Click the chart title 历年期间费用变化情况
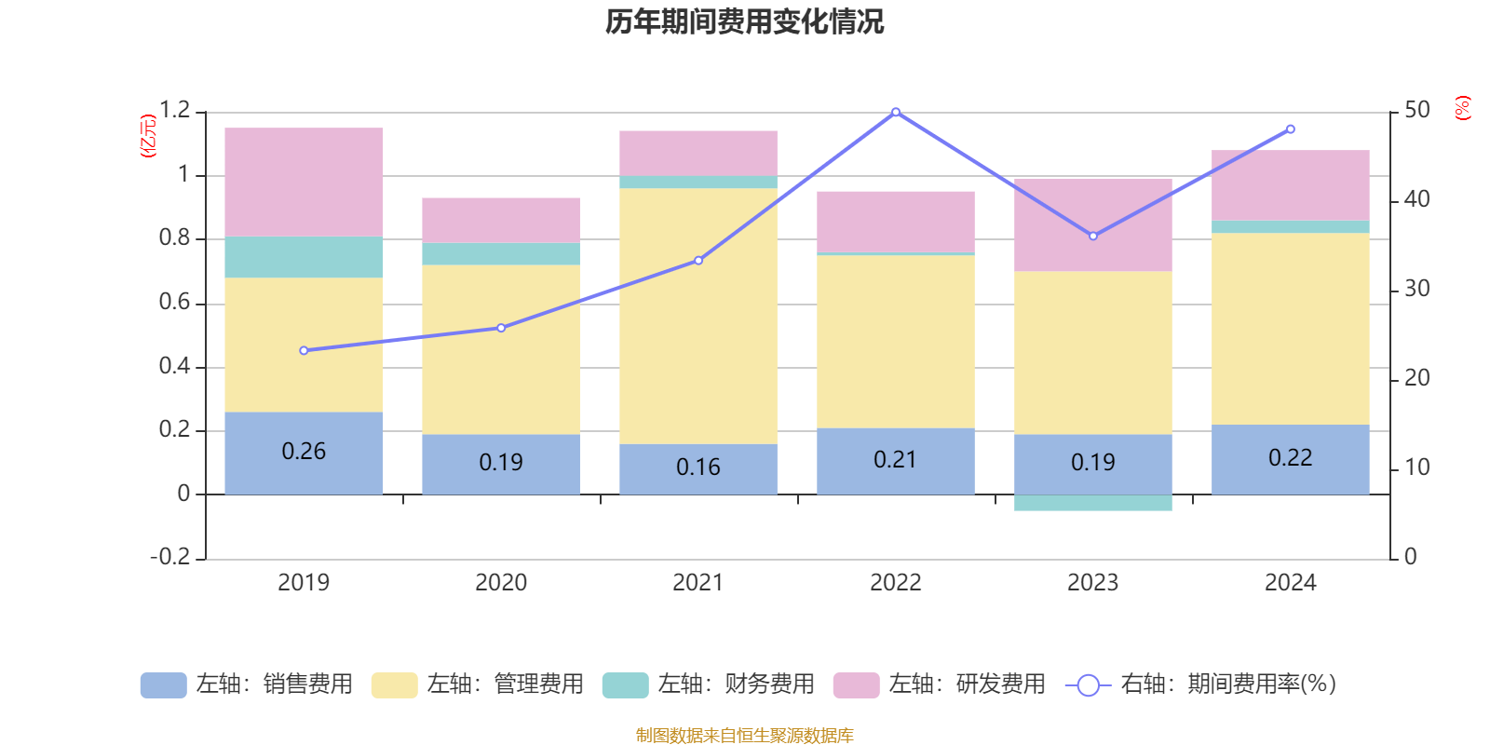[x=744, y=21]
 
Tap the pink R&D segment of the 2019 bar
[x=304, y=182]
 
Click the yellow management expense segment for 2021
[x=698, y=316]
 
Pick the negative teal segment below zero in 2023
[x=1092, y=503]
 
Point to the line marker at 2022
[x=896, y=112]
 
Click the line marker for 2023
[x=1093, y=236]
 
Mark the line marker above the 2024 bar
[x=1290, y=129]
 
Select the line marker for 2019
[x=304, y=350]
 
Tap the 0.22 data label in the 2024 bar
[x=1290, y=457]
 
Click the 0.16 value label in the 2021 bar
[x=698, y=467]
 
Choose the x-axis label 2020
[x=501, y=583]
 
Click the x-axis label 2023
[x=1092, y=583]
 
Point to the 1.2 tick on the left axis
[x=174, y=111]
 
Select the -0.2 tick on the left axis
[x=170, y=557]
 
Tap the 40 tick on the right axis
[x=1416, y=199]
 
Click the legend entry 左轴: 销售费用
[x=247, y=684]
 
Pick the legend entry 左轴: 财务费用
[x=709, y=684]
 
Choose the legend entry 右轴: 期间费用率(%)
[x=1201, y=684]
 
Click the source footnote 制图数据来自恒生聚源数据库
[x=744, y=736]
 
